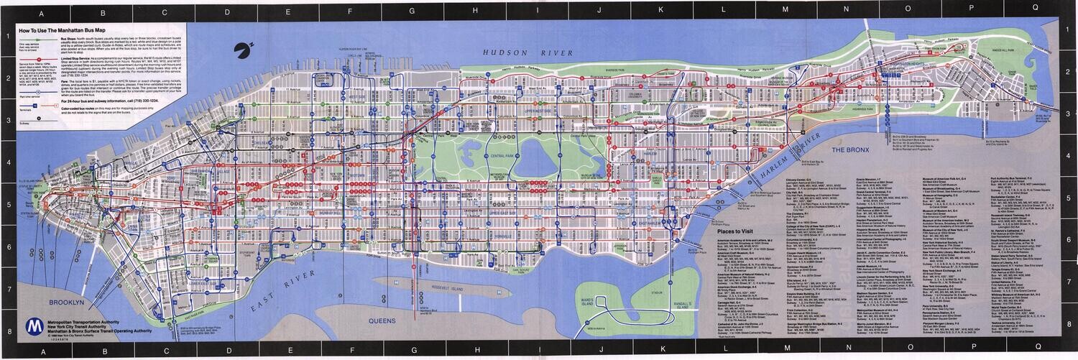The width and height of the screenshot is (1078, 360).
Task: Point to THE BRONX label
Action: tap(850, 149)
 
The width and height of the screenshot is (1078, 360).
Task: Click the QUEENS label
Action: tap(382, 320)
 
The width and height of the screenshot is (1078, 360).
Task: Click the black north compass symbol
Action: tap(241, 50)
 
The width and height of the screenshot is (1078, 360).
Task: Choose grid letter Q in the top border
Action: tap(1033, 5)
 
